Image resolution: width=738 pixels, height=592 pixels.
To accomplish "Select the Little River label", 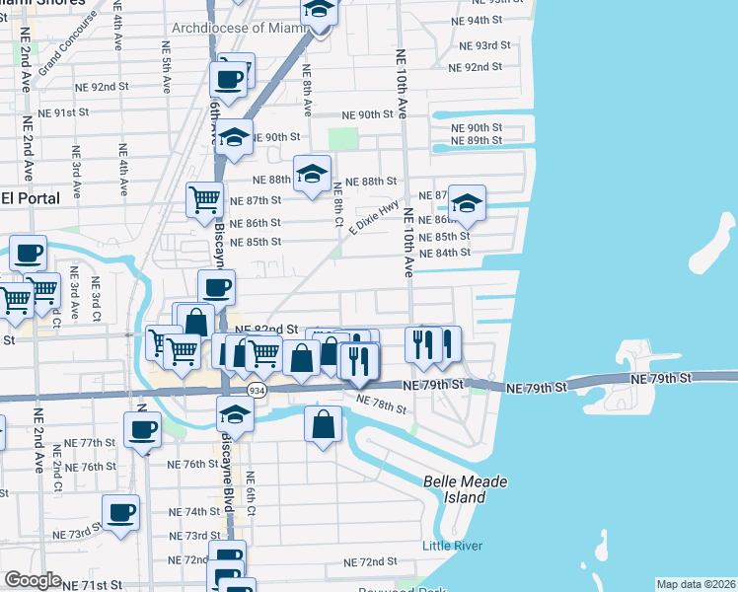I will click(451, 546).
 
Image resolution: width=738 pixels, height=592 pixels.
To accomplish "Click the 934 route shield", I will click(257, 391).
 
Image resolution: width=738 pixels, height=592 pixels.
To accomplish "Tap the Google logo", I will click(33, 580).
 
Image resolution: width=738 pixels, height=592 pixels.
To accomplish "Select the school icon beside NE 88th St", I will click(313, 176).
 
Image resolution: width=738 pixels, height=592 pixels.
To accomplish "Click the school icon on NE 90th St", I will click(234, 138).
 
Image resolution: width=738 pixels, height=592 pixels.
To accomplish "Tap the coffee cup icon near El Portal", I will click(28, 253).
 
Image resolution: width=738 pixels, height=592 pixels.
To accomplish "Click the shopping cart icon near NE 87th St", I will click(204, 198).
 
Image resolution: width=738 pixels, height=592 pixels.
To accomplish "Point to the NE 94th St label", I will click(480, 20).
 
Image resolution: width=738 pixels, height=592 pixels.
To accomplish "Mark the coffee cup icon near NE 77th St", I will click(142, 429).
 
